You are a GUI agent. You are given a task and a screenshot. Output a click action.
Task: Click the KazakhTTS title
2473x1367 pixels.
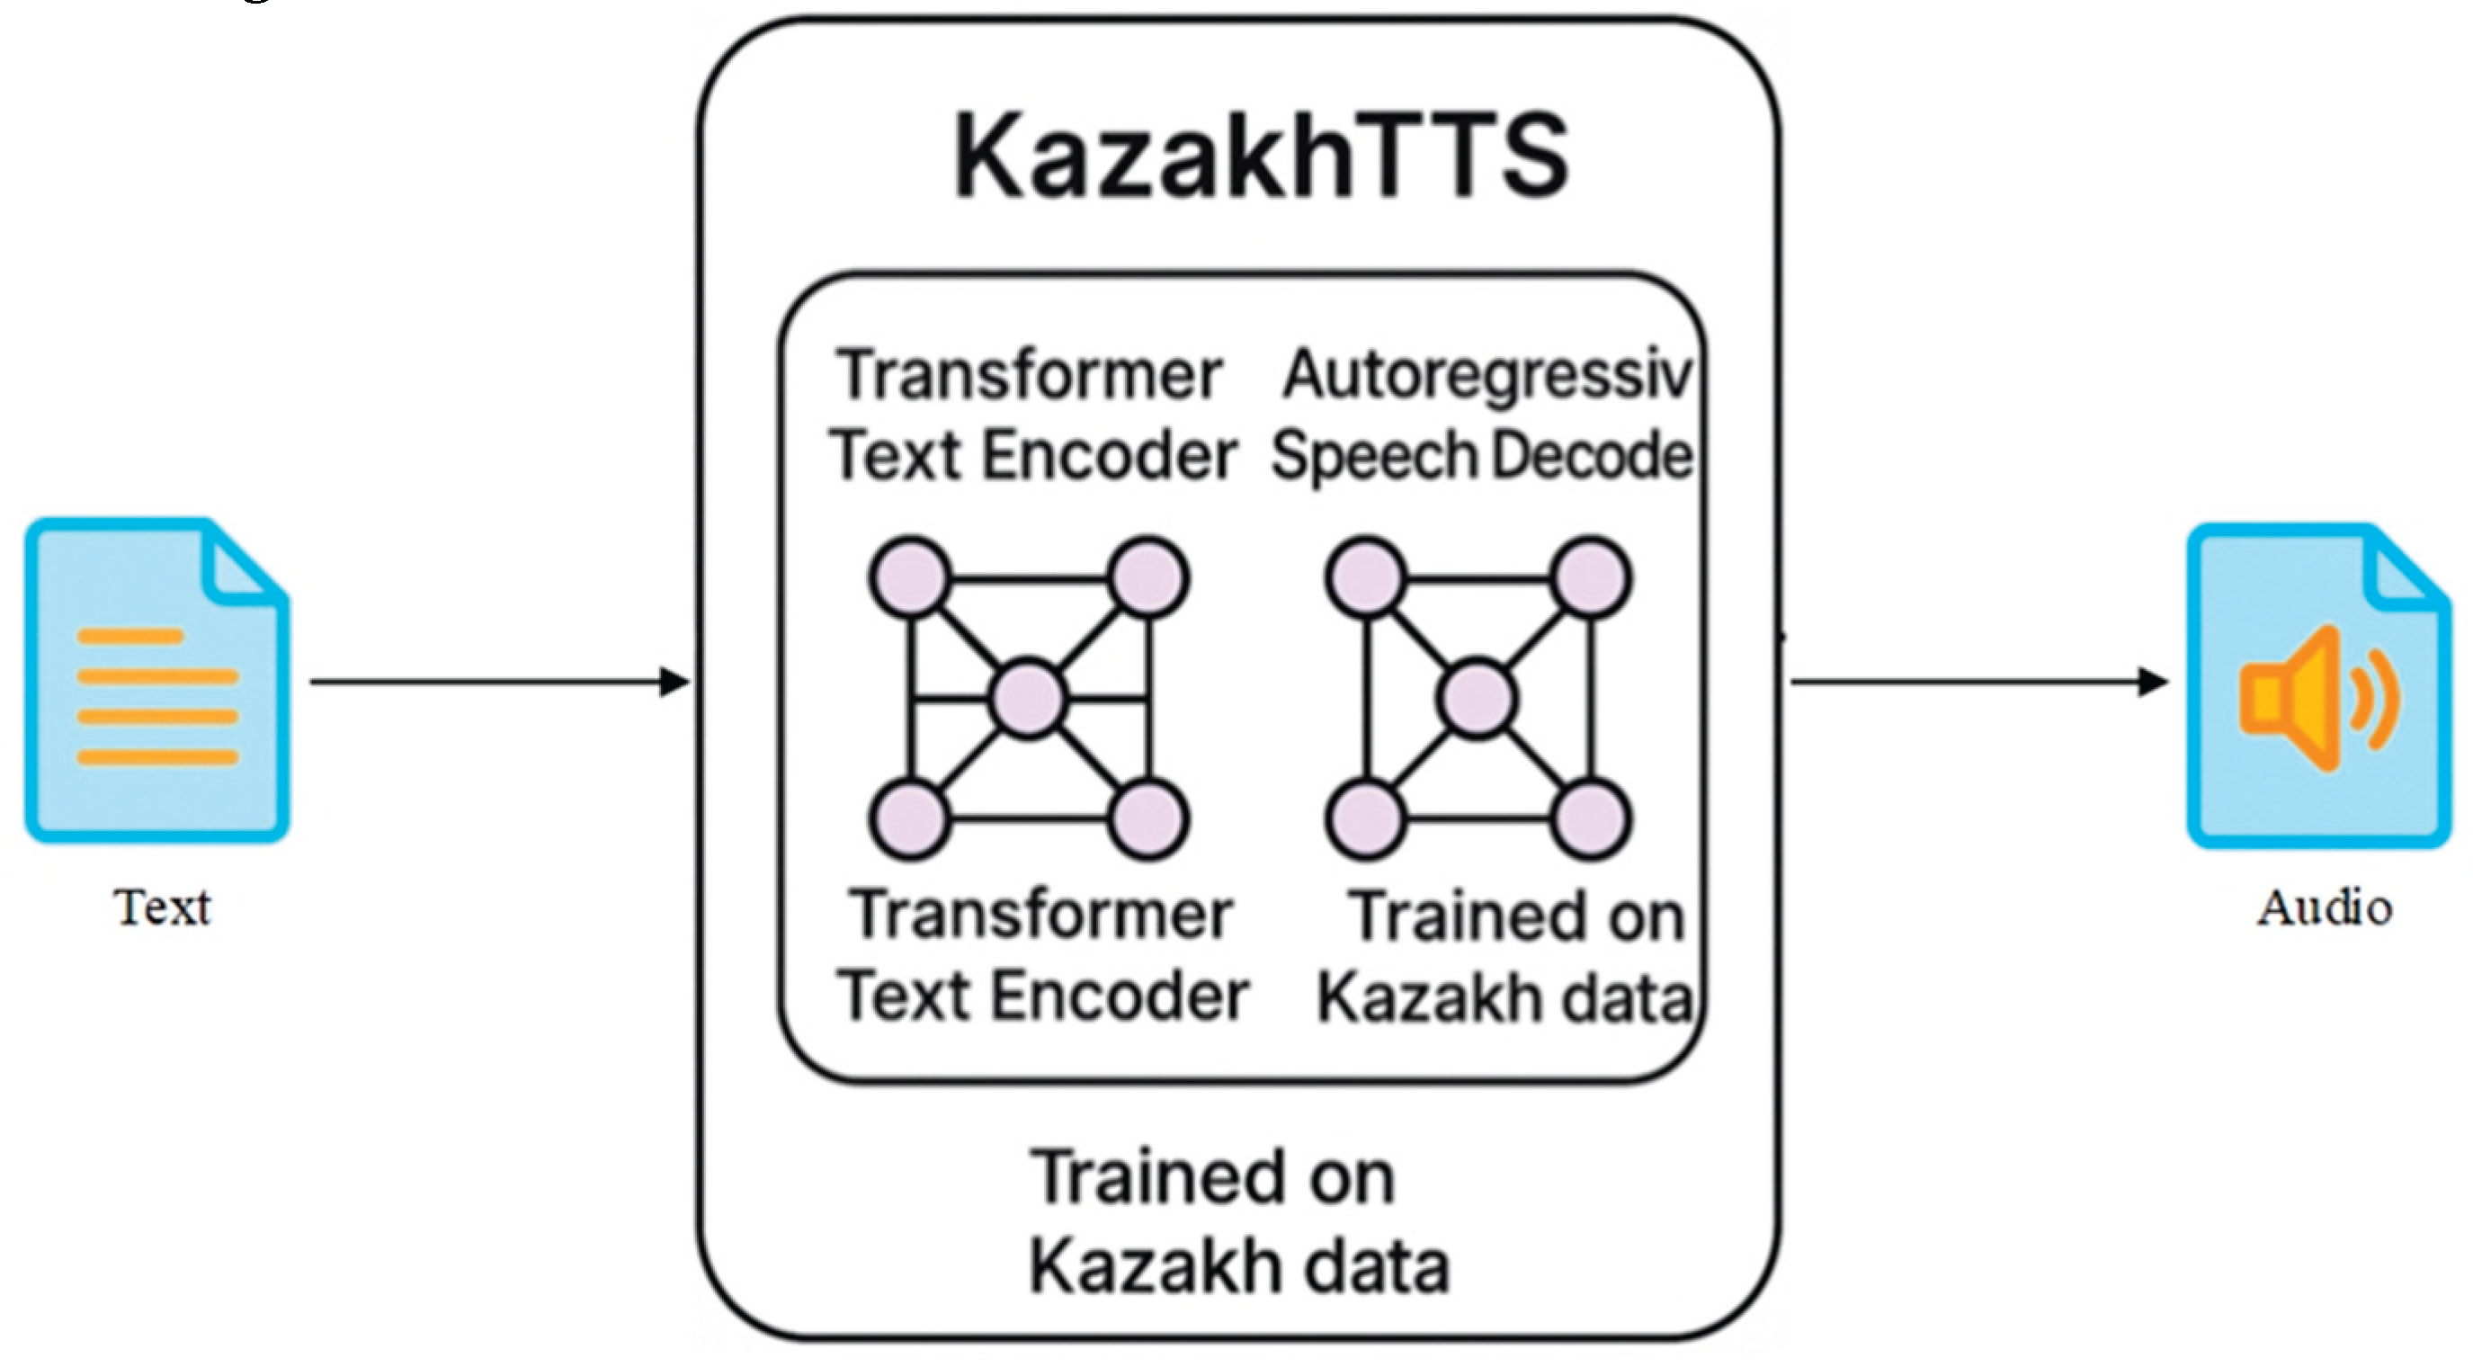coord(1262,156)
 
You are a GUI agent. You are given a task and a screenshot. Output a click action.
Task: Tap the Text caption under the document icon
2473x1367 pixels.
coord(161,907)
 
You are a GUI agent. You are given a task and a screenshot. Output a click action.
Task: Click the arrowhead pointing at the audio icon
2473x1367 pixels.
coord(2155,682)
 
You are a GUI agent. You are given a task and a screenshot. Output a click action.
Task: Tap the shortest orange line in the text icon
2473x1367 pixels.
coord(129,637)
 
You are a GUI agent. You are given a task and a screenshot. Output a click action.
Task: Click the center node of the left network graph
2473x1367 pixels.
coord(1028,698)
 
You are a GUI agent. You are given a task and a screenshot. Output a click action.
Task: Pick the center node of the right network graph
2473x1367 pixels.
coord(1478,698)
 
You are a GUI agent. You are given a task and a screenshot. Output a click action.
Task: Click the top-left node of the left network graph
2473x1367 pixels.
coord(910,578)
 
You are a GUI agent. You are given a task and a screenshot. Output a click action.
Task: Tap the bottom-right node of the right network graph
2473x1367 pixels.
coord(1591,819)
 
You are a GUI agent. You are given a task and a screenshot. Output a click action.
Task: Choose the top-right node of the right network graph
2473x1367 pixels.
coord(1591,578)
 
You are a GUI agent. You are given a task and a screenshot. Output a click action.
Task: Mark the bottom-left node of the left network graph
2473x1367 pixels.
coord(910,819)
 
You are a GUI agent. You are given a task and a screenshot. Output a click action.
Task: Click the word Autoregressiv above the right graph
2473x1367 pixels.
coord(1486,374)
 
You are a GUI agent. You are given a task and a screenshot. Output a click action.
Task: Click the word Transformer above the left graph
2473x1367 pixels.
coord(1029,374)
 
